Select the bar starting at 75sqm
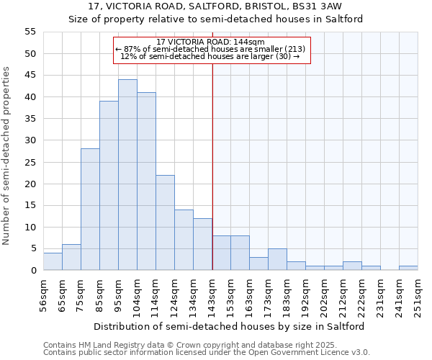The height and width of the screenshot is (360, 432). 90,210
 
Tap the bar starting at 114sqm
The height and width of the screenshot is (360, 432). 165,222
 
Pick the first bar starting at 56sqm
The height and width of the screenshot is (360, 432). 53,262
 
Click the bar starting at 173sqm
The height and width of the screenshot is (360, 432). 277,260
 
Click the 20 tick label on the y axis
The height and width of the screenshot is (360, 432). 30,184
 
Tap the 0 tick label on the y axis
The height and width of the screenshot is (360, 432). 33,271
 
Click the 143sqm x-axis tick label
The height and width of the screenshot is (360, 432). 212,294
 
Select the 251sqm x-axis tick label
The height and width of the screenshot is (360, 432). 418,294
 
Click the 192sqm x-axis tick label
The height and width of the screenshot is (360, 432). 306,294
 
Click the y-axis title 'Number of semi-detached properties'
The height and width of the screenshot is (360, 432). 7,155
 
